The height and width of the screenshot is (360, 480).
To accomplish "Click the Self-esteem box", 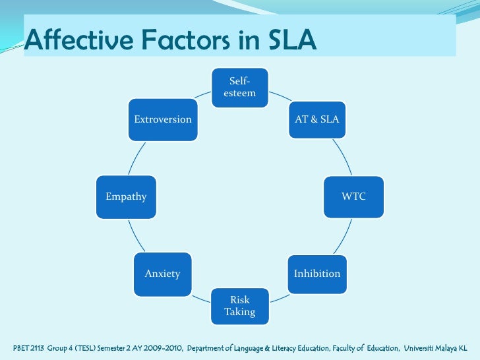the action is (239, 87).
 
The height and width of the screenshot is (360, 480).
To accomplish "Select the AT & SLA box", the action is (316, 119).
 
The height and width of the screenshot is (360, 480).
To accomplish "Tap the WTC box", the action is (353, 196).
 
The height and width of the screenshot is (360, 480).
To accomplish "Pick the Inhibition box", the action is (317, 273).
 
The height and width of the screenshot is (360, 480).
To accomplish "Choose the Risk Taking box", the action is (239, 306).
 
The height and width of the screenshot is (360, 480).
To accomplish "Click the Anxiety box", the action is (162, 273).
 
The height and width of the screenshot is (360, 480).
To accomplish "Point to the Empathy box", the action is (126, 196).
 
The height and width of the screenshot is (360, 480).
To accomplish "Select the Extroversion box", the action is (163, 119).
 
